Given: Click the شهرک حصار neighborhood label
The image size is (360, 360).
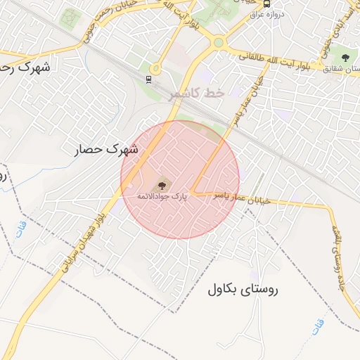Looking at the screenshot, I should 106,149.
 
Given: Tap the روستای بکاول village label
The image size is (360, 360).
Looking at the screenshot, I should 243,289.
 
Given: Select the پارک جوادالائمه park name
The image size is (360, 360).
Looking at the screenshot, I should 162,196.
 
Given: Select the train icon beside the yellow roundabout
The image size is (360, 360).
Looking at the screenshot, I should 148,79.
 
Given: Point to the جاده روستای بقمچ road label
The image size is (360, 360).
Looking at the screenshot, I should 338,239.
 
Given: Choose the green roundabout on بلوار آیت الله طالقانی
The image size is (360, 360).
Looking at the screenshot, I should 219,43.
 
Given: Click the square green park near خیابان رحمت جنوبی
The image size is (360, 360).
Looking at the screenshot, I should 70,18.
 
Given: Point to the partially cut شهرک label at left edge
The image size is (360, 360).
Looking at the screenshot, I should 25,69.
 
